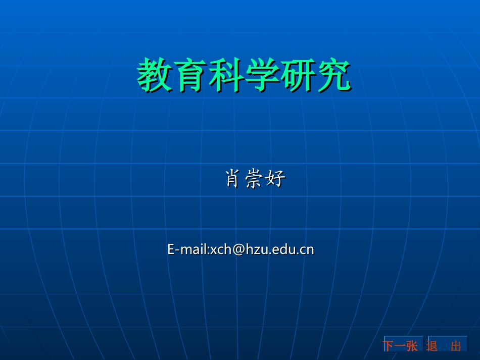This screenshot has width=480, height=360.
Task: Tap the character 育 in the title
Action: tap(190, 75)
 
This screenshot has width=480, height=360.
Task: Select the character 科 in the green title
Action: tap(226, 75)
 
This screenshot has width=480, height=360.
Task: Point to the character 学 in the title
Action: tap(262, 75)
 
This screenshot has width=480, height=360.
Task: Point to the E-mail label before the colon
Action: tap(187, 249)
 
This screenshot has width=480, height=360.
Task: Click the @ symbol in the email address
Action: tap(238, 249)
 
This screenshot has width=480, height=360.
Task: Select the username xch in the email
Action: tap(221, 249)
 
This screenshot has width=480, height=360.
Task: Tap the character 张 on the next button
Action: tap(412, 346)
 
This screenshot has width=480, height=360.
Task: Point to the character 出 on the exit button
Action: tap(456, 346)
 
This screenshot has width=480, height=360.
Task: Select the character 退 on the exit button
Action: tap(432, 346)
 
